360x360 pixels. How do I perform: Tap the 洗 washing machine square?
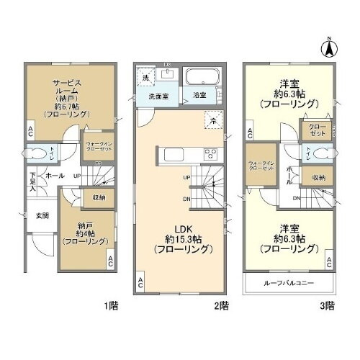click(144, 77)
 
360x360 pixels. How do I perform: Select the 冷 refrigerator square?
click(212, 122)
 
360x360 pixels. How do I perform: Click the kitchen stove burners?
click(212, 153)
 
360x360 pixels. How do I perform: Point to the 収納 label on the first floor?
click(98, 197)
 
